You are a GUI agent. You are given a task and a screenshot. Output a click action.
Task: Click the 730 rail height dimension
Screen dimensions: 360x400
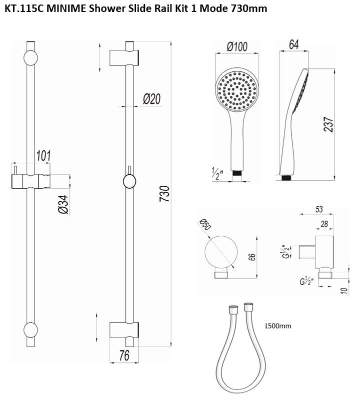(165, 194)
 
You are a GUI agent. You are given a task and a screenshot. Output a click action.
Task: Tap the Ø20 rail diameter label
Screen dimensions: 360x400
(152, 99)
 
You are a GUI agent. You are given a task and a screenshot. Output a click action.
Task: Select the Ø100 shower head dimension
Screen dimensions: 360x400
(237, 46)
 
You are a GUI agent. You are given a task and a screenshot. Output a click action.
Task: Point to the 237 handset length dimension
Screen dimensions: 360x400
(328, 124)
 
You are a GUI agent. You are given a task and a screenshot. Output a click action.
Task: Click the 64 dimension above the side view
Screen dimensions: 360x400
(294, 44)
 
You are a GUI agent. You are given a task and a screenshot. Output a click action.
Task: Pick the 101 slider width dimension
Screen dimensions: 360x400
(43, 156)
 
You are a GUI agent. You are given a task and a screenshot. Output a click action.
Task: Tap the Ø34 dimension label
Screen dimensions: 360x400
(63, 204)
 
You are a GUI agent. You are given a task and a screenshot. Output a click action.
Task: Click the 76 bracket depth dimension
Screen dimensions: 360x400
(124, 356)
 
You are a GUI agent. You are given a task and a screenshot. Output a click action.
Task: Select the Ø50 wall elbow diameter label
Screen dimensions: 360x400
(205, 224)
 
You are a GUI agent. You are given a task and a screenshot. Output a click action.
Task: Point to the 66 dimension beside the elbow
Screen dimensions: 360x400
(252, 257)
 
